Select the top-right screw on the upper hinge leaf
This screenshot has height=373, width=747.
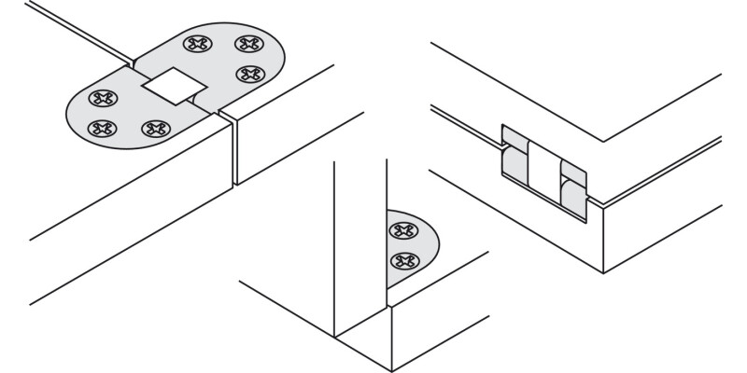coord(247,44)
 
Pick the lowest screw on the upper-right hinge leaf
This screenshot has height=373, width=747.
coord(247,74)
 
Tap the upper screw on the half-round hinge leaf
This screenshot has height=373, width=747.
coord(402,230)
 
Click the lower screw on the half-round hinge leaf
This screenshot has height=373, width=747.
coord(402,260)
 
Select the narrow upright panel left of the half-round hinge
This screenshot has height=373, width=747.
coord(360,242)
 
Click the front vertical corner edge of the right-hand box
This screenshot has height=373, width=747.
coord(603,238)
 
